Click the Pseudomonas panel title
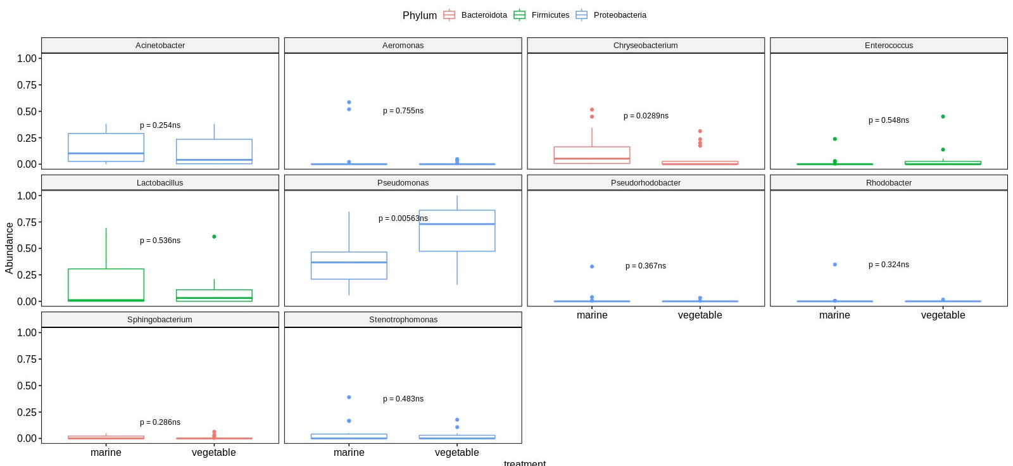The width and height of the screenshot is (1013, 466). point(403,183)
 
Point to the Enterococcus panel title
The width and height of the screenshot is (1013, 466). point(888,46)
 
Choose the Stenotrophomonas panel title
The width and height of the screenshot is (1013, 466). point(403,320)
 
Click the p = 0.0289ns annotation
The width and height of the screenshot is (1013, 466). point(646,116)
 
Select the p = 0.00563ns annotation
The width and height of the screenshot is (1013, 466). point(403,218)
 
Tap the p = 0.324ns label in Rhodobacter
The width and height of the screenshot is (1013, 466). point(888,265)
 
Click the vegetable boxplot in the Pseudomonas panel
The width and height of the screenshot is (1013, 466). point(456,230)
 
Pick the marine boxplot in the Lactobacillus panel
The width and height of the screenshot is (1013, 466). point(106,285)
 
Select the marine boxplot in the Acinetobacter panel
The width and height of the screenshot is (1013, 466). point(106,148)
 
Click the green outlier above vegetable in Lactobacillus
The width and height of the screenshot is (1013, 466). point(214,237)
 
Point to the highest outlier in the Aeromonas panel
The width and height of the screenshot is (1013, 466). point(349,102)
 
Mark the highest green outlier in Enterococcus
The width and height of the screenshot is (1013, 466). point(943,116)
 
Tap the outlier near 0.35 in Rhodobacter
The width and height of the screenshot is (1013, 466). point(834,265)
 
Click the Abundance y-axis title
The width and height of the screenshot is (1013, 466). point(9,248)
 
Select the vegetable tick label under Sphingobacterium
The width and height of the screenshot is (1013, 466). point(214,453)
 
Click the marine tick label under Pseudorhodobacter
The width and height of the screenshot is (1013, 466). point(592,315)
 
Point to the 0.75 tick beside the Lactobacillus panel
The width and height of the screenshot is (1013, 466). point(27,222)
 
